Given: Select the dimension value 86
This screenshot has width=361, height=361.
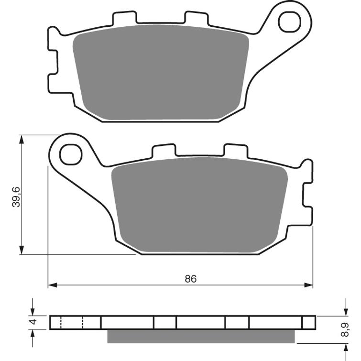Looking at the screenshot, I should click(191, 278).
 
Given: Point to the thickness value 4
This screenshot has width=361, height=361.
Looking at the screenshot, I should click(33, 322).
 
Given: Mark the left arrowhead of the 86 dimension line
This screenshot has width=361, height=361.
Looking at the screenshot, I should click(51, 285).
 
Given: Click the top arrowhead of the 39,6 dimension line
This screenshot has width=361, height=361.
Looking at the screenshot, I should click(21, 139).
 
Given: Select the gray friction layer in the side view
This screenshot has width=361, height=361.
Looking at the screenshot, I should click(201, 337).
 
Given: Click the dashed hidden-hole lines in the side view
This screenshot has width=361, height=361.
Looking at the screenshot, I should click(72, 323).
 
